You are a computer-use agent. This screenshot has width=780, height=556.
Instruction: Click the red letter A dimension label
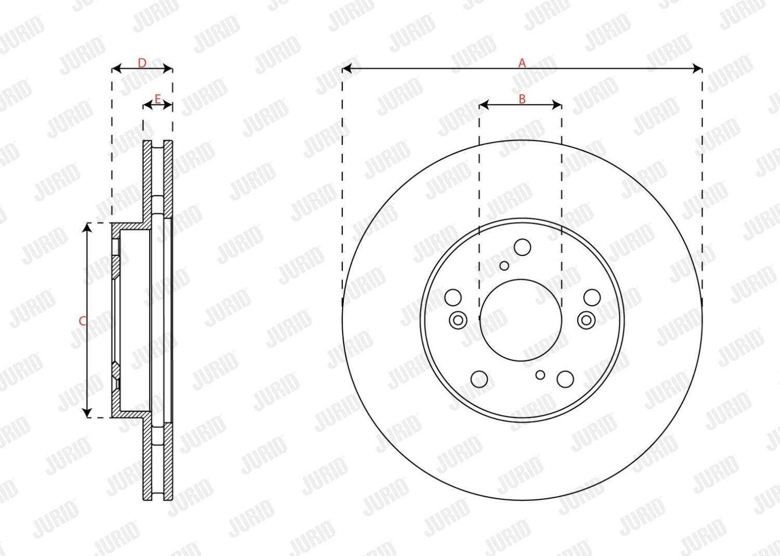click(522, 63)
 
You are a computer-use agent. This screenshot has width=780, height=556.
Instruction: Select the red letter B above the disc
click(522, 99)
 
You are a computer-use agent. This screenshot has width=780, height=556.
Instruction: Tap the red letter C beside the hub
click(83, 321)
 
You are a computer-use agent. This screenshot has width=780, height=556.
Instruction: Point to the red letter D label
click(142, 63)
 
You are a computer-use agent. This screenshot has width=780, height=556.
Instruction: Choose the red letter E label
click(158, 99)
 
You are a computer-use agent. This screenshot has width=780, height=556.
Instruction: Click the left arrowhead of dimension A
click(347, 69)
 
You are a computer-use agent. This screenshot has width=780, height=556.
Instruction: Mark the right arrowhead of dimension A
click(697, 69)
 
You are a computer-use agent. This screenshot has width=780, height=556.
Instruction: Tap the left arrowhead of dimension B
click(484, 105)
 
